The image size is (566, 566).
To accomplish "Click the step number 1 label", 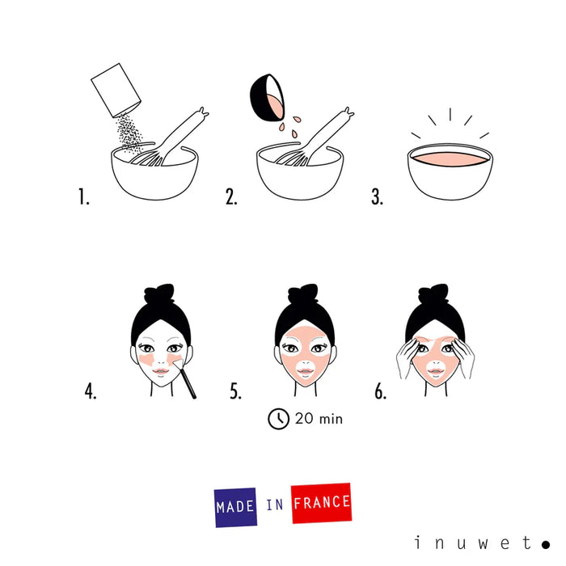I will (x=83, y=197).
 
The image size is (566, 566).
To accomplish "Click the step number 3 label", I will (x=377, y=197).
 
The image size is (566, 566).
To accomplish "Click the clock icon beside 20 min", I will (x=278, y=419).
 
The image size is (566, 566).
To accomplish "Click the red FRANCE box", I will (x=322, y=503).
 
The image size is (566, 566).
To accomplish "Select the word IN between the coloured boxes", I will (x=275, y=505).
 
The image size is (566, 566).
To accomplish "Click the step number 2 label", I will (x=231, y=197).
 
